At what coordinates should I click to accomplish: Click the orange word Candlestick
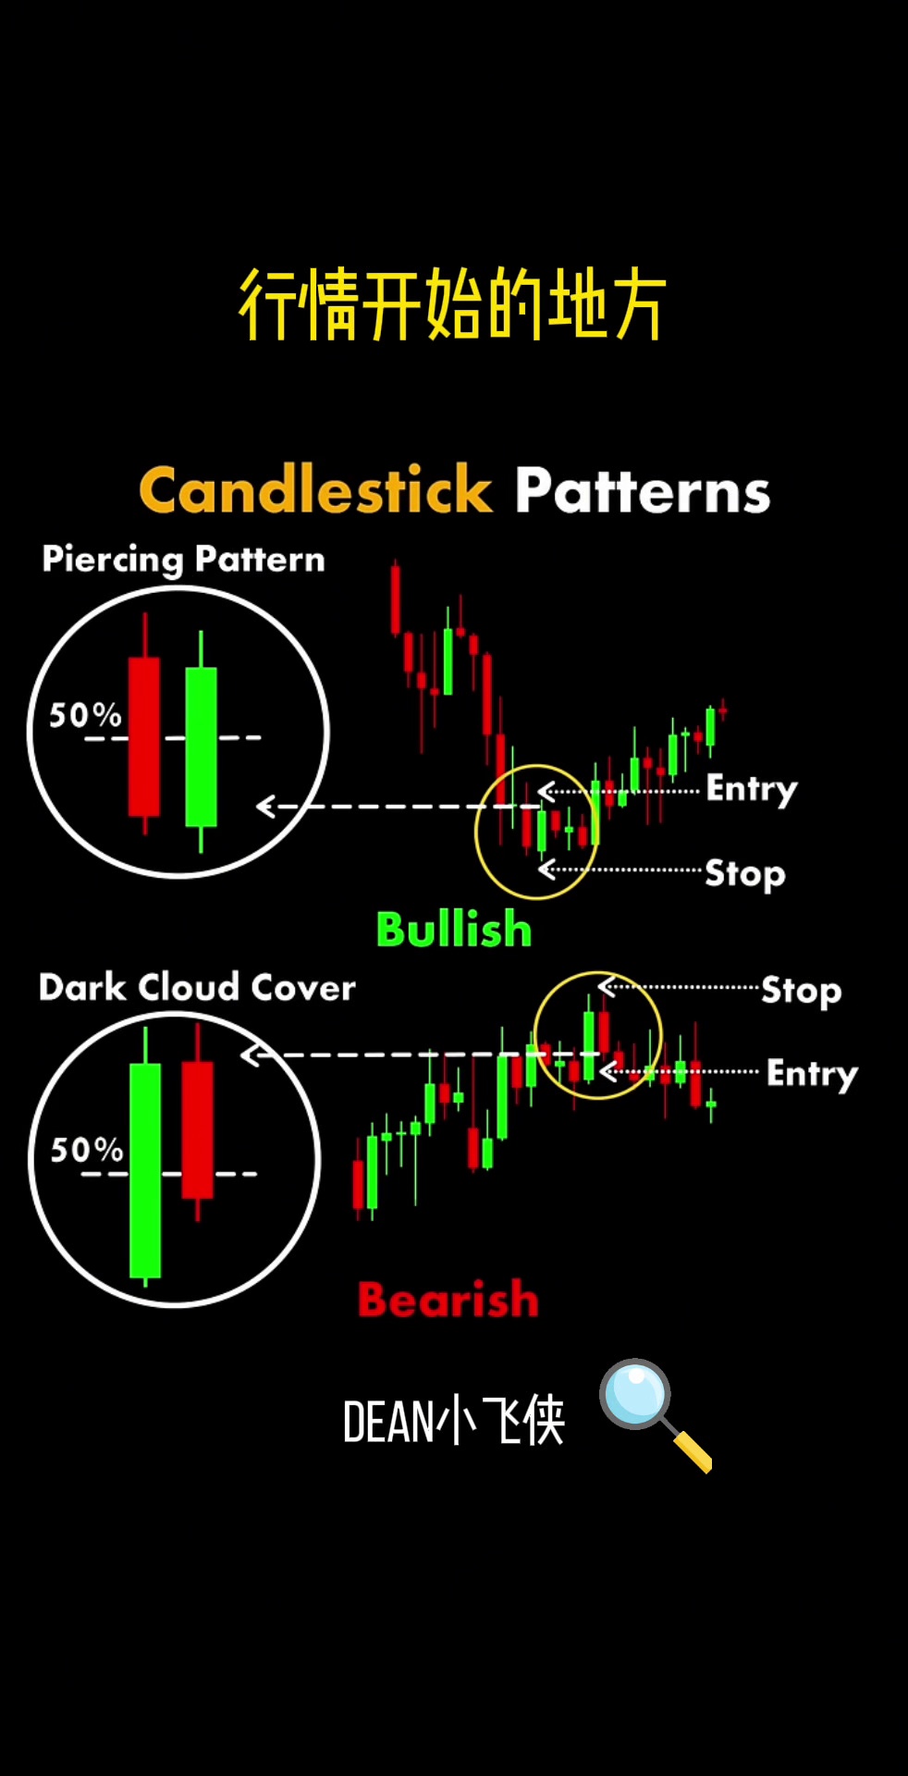pyautogui.click(x=315, y=489)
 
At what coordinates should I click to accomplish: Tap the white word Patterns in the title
pyautogui.click(x=643, y=490)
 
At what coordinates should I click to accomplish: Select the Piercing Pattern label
pyautogui.click(x=183, y=560)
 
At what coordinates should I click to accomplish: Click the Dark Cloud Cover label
pyautogui.click(x=197, y=987)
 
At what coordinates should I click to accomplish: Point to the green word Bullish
pyautogui.click(x=454, y=930)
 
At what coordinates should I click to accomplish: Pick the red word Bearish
pyautogui.click(x=448, y=1300)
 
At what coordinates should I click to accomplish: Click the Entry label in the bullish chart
pyautogui.click(x=752, y=789)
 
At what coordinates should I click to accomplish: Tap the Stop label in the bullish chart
pyautogui.click(x=745, y=873)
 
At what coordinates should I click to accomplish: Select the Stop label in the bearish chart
pyautogui.click(x=802, y=991)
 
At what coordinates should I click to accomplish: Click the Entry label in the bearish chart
pyautogui.click(x=813, y=1074)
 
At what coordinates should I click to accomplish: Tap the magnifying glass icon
pyautogui.click(x=655, y=1414)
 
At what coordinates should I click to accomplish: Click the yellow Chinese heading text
pyautogui.click(x=453, y=304)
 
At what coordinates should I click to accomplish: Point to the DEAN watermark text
pyautogui.click(x=453, y=1421)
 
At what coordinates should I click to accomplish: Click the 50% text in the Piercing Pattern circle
pyautogui.click(x=85, y=715)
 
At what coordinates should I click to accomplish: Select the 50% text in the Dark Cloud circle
pyautogui.click(x=86, y=1150)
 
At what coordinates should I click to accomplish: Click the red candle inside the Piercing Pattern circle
pyautogui.click(x=144, y=736)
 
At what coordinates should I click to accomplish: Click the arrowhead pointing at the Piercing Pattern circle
pyautogui.click(x=266, y=807)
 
